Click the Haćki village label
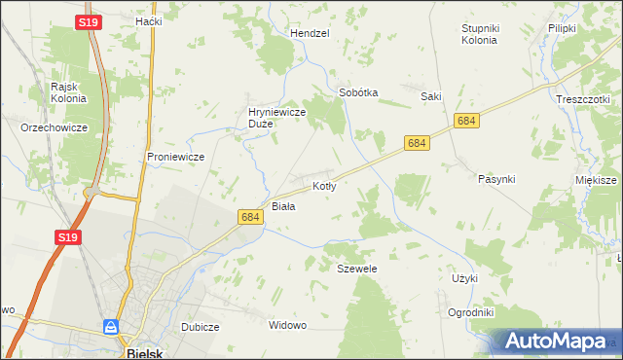pos(148,20)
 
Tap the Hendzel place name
pos(310,32)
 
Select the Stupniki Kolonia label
pos(480,34)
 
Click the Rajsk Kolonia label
pos(70,91)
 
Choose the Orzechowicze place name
pos(55,127)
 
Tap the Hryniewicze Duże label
pos(278,118)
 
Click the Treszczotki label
pos(582,99)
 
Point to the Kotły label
pos(324,185)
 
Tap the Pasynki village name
pos(496,179)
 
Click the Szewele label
pos(356,268)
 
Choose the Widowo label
pos(287,324)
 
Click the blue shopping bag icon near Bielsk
pos(113,327)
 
